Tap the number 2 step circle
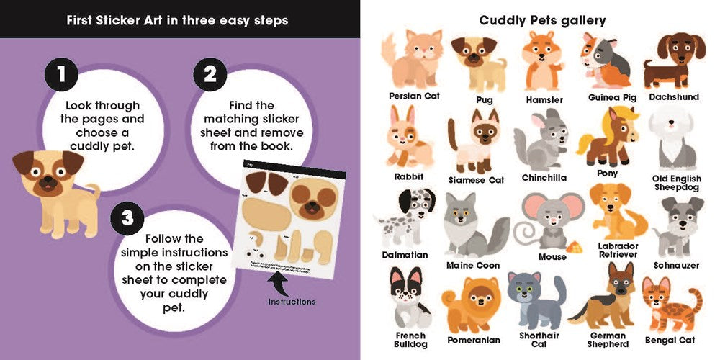[210, 74]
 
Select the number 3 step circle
[127, 217]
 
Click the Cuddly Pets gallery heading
[543, 20]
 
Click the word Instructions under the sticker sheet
[291, 302]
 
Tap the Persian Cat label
[414, 95]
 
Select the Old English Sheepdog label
[675, 183]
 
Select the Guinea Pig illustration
[606, 58]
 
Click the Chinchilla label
[544, 177]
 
